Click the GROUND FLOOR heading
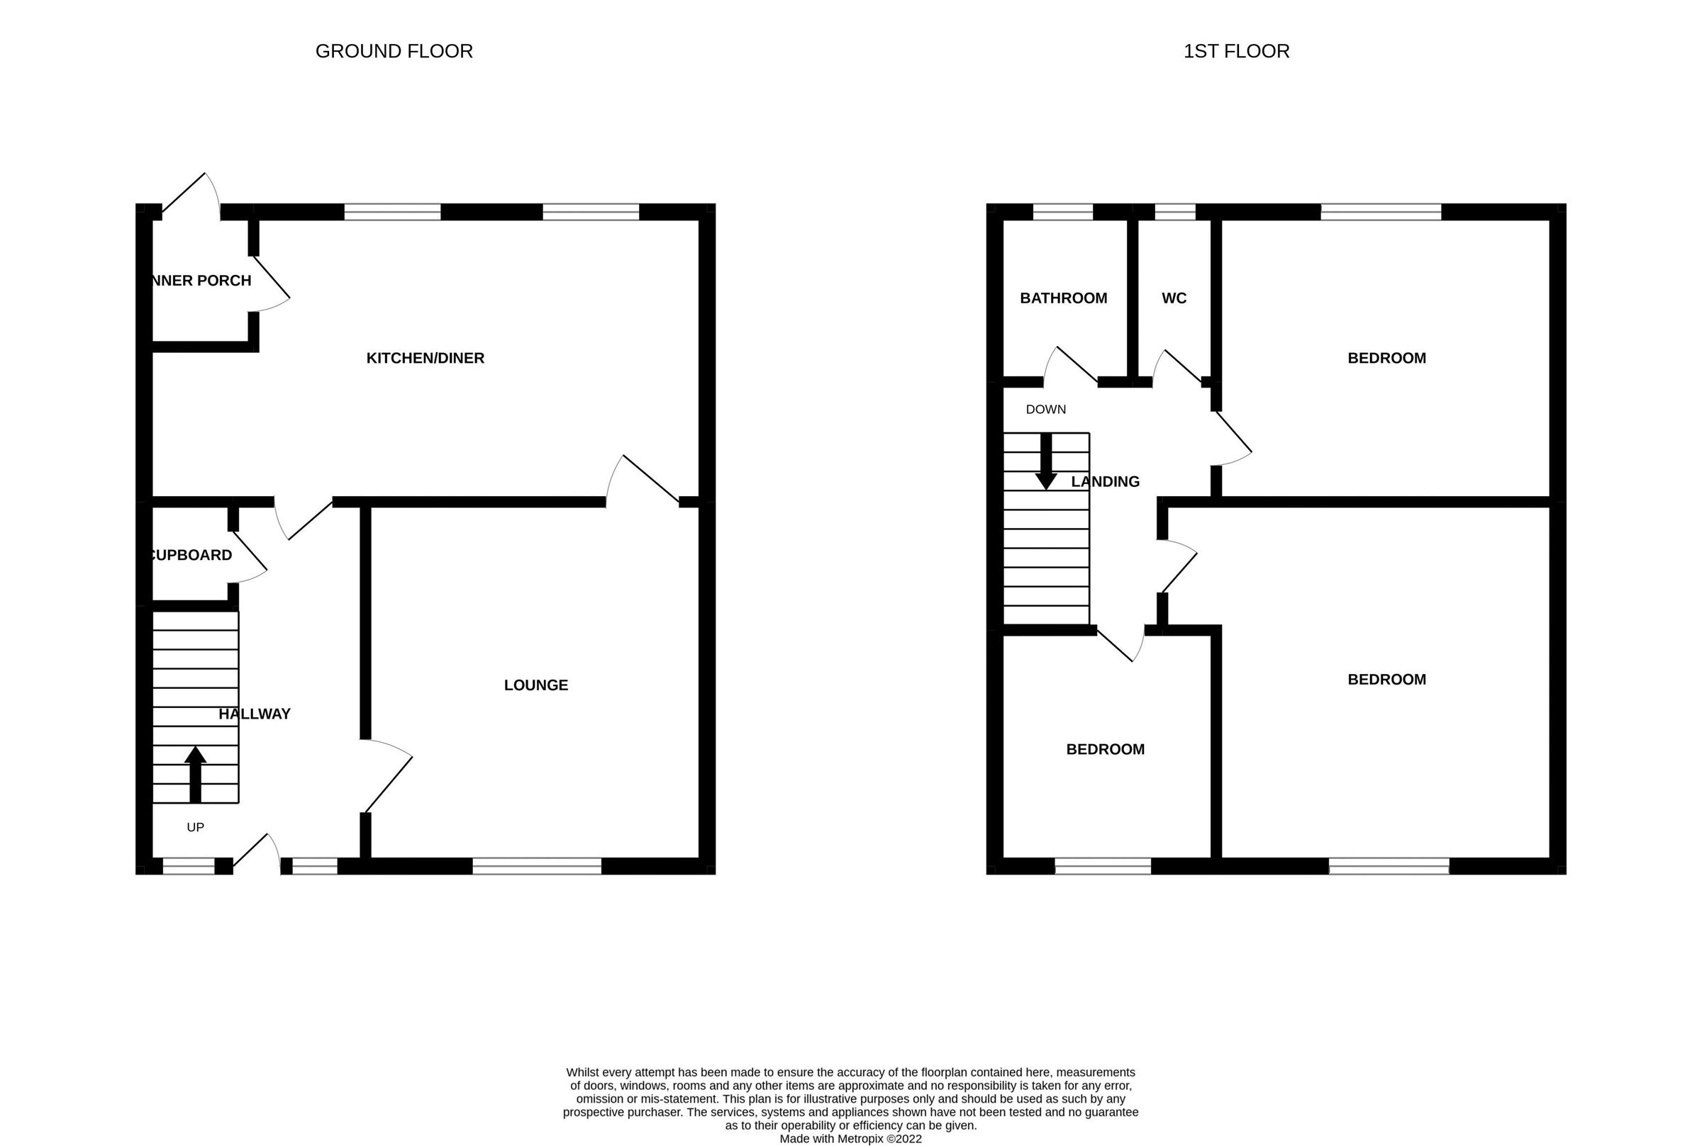[x=394, y=51]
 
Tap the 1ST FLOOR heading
[x=1235, y=51]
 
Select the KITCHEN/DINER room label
[x=425, y=358]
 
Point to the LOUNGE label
[x=535, y=685]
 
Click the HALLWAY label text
[x=255, y=714]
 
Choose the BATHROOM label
[x=1063, y=298]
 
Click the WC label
[x=1174, y=298]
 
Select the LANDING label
[x=1105, y=482]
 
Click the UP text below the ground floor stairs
[x=195, y=826]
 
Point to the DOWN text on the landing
[x=1045, y=410]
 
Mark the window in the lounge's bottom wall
[x=537, y=866]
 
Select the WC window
[x=1174, y=212]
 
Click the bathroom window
[x=1062, y=212]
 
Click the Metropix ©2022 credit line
[x=850, y=1139]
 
